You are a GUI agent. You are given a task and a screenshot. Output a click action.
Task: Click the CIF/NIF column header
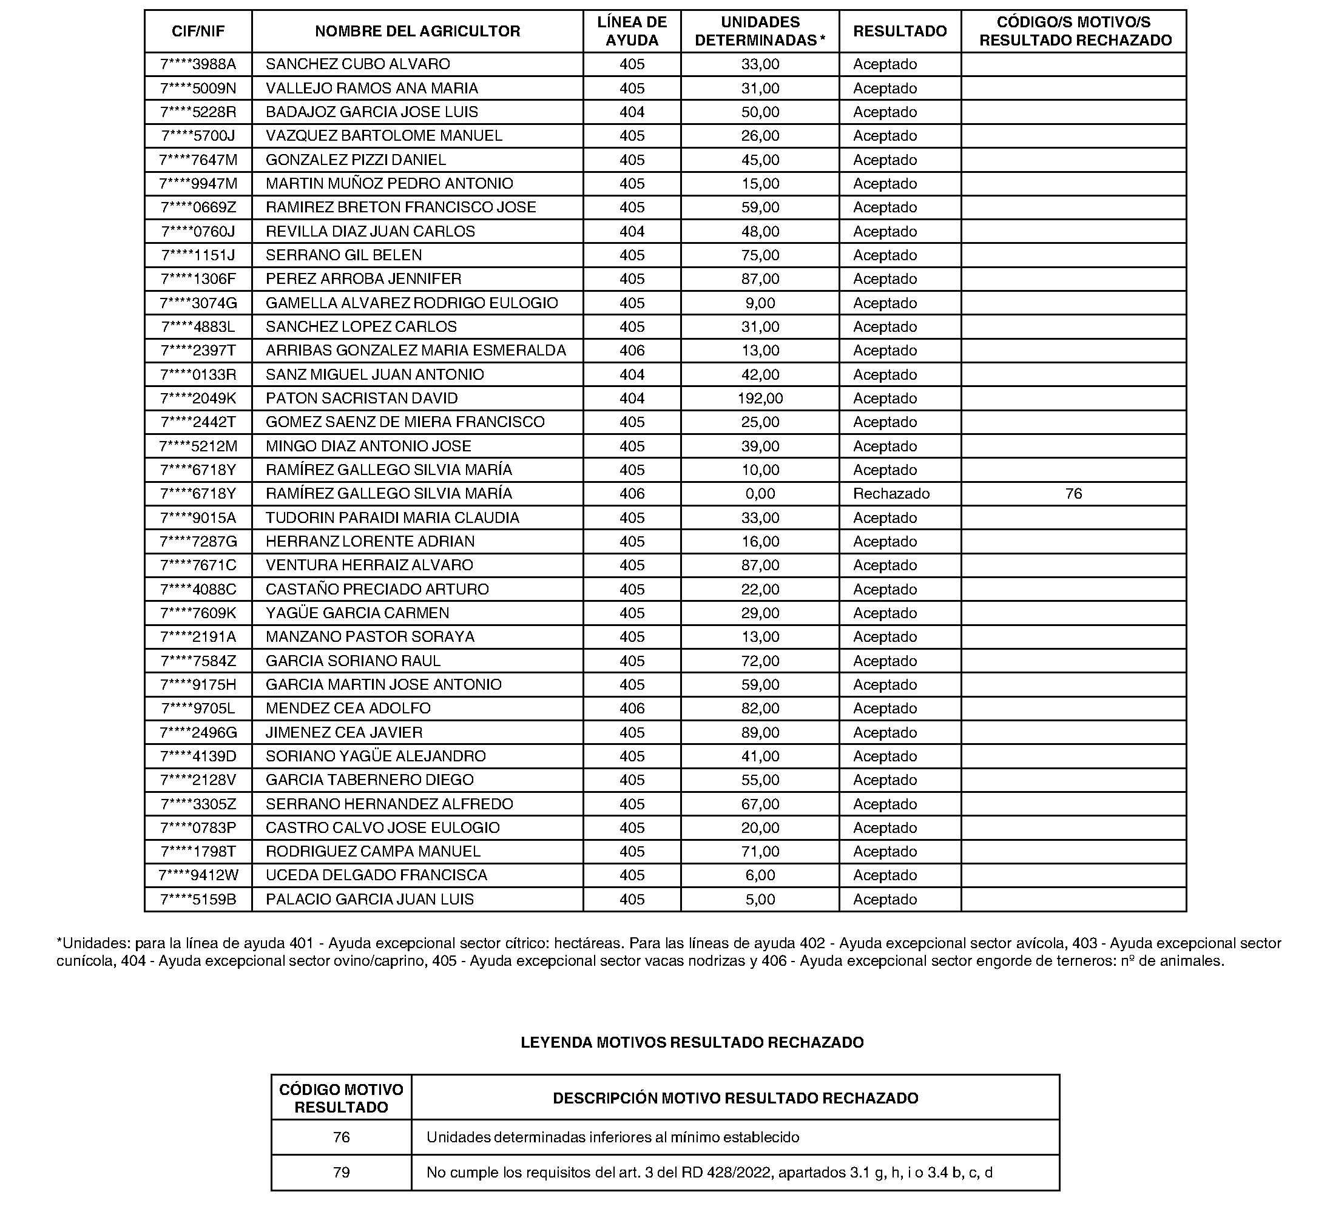tap(198, 31)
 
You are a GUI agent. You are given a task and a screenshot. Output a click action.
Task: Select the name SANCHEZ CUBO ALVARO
tap(357, 64)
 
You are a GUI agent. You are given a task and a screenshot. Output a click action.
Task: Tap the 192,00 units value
tap(760, 399)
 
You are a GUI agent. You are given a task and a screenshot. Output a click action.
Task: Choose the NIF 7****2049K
tap(198, 399)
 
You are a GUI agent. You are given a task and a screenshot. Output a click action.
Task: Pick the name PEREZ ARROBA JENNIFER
tap(363, 279)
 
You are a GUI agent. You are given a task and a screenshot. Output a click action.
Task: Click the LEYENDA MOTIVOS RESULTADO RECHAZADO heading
tap(692, 1042)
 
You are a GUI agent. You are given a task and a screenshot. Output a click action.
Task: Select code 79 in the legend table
tap(341, 1173)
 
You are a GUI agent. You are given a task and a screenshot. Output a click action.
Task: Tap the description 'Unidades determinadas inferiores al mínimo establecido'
tap(612, 1137)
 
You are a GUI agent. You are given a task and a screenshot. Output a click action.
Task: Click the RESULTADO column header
tap(900, 31)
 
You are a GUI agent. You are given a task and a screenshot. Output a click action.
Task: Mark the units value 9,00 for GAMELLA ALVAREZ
tap(760, 303)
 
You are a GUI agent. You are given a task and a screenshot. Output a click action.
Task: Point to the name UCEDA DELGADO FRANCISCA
tap(376, 875)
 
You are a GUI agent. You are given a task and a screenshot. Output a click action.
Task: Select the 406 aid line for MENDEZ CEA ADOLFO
tap(632, 709)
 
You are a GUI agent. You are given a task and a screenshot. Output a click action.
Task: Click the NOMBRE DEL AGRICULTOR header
tap(417, 31)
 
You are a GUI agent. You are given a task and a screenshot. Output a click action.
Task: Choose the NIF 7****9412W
tap(198, 875)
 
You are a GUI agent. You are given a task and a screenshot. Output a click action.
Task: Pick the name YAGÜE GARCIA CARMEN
tap(357, 613)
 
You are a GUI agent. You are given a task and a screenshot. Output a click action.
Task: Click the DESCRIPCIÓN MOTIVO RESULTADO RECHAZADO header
tap(735, 1099)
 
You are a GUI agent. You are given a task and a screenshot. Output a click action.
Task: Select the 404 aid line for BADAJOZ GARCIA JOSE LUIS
tap(632, 112)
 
